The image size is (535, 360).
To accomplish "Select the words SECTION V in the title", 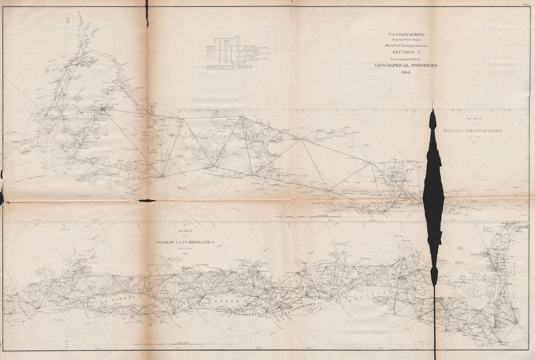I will pyautogui.click(x=405, y=52).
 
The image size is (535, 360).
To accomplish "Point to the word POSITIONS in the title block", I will pyautogui.click(x=423, y=65).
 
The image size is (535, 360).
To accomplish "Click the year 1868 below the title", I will pyautogui.click(x=404, y=72).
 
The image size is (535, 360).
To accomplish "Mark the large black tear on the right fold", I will pyautogui.click(x=433, y=193).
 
